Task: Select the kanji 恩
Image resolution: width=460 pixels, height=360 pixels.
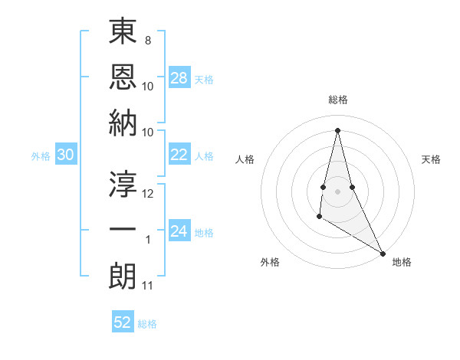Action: coord(123,78)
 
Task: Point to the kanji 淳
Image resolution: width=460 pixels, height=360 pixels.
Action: coord(123,184)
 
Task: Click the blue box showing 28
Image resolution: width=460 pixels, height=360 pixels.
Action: coord(179,78)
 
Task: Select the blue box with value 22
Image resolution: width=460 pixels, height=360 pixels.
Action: coord(179,155)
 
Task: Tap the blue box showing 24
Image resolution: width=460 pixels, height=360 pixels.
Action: coord(179,231)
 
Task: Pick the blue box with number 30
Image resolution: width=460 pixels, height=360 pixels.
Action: coord(66,155)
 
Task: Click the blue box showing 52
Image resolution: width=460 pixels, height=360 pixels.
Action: coord(123,322)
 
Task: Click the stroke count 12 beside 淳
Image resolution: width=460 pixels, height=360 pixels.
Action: coord(149,193)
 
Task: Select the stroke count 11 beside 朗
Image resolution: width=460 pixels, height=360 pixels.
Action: coord(149,286)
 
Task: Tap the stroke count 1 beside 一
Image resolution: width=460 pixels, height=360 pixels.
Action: coord(148,240)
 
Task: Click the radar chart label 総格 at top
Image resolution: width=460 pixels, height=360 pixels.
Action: coord(337,100)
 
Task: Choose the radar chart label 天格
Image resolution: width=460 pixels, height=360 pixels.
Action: coord(431,159)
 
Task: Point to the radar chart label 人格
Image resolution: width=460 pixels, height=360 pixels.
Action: coord(245,159)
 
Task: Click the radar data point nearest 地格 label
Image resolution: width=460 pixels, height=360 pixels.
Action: coord(383,253)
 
